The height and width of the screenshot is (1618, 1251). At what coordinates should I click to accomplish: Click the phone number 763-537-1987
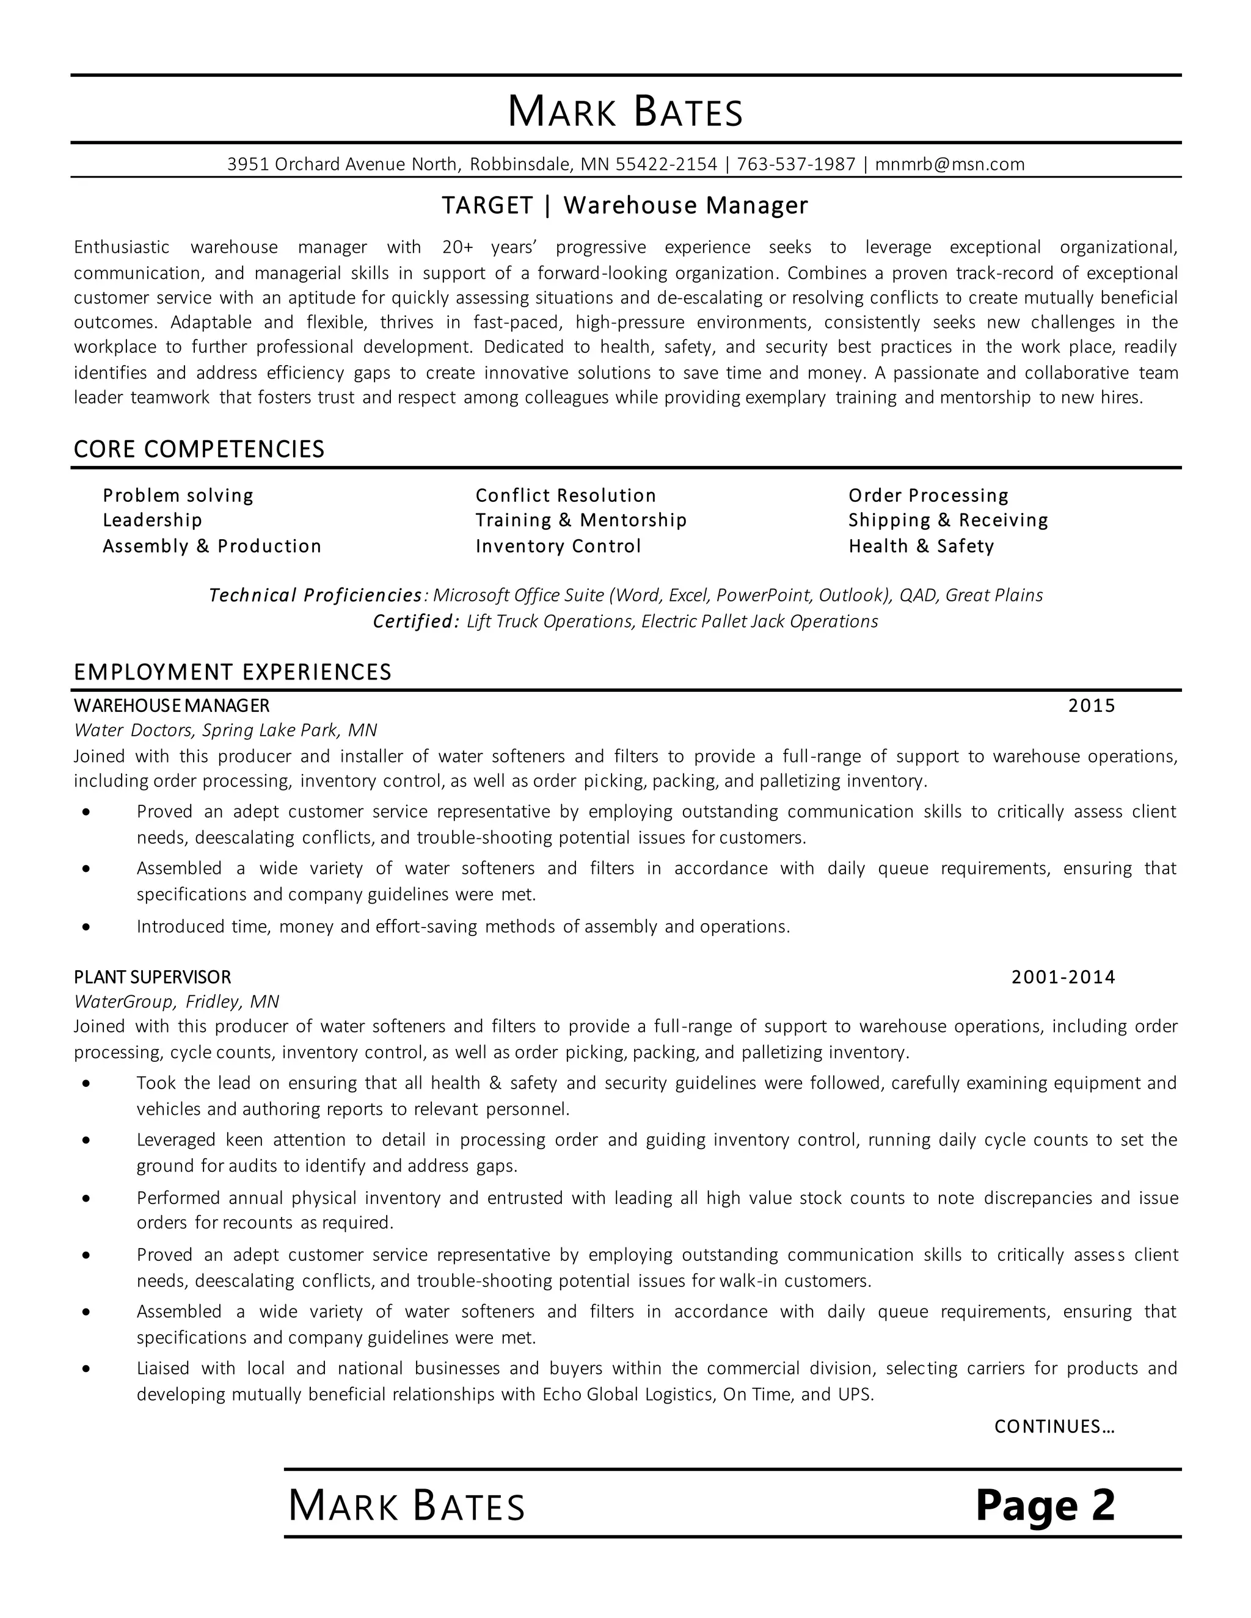[x=796, y=164]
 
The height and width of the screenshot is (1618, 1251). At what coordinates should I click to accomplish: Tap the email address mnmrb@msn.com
[x=949, y=164]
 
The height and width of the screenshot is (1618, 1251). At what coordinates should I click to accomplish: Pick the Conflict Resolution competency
[x=566, y=496]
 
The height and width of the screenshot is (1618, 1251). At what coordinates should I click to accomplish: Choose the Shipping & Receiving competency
[x=948, y=520]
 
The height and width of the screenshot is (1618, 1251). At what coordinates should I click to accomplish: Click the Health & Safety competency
[x=921, y=546]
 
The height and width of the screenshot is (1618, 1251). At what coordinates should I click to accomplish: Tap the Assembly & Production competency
[x=212, y=546]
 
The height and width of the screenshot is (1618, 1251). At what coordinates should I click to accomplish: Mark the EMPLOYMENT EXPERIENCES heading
[x=233, y=672]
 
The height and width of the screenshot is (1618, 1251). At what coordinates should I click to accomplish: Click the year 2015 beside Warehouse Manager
[x=1091, y=706]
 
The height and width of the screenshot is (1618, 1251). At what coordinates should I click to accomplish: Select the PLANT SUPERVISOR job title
[x=153, y=977]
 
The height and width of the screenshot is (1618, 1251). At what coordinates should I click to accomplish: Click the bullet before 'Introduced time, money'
[x=87, y=927]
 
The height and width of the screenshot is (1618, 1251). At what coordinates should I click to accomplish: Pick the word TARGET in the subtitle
[x=487, y=206]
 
